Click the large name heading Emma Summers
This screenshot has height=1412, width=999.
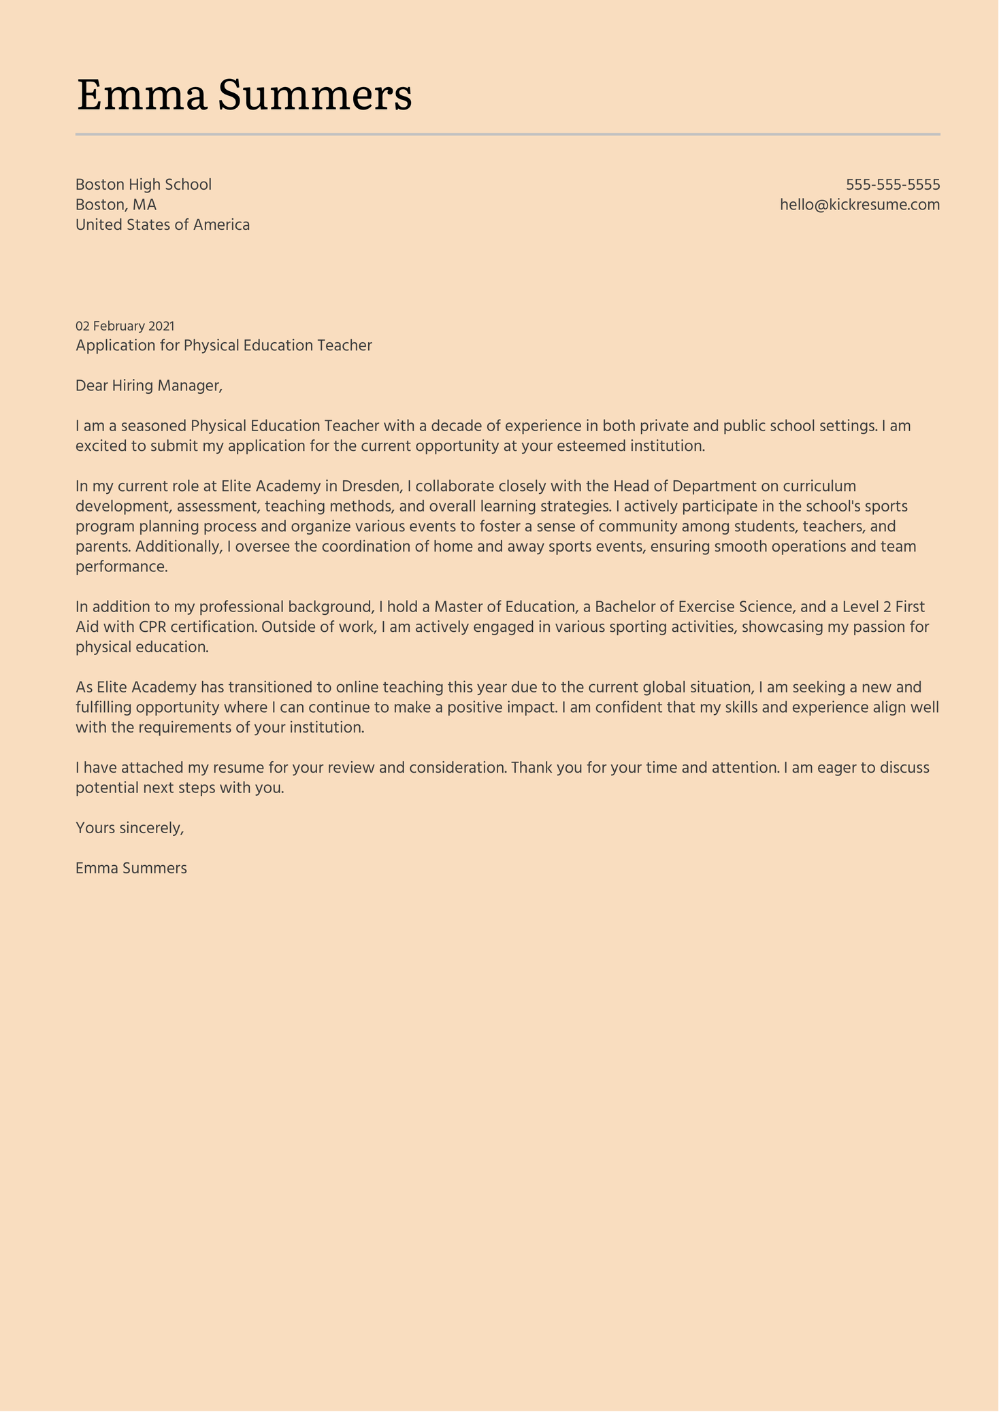(244, 95)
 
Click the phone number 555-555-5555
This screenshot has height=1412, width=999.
(892, 184)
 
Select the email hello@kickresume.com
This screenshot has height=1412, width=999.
(859, 205)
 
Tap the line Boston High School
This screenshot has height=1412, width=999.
(144, 184)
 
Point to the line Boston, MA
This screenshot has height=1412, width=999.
(116, 205)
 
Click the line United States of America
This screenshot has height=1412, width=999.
(163, 224)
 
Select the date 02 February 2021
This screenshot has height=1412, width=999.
(125, 326)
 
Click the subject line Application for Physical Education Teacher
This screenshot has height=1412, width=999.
(224, 346)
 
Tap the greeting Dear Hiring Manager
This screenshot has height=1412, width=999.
(149, 386)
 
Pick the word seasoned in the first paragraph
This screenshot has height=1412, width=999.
(153, 426)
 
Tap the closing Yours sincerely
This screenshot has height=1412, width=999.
(130, 828)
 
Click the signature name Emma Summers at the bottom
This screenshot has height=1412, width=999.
(131, 868)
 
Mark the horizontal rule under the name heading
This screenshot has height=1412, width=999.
(508, 135)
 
